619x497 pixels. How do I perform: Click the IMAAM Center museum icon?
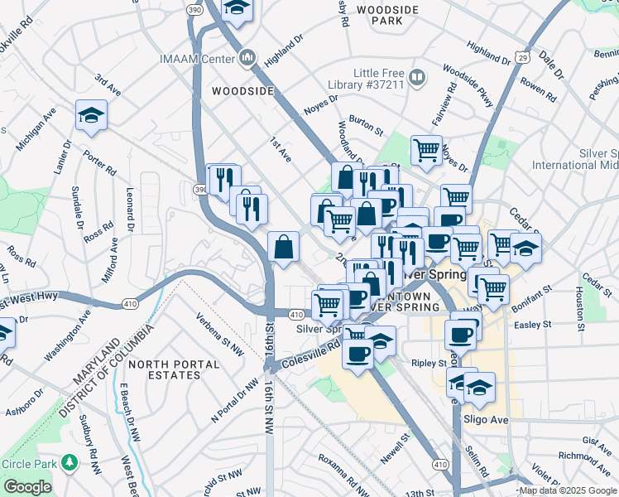247,58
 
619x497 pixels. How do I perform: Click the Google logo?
27,487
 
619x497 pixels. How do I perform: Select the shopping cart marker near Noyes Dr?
426,150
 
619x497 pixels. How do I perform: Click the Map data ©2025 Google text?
567,490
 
